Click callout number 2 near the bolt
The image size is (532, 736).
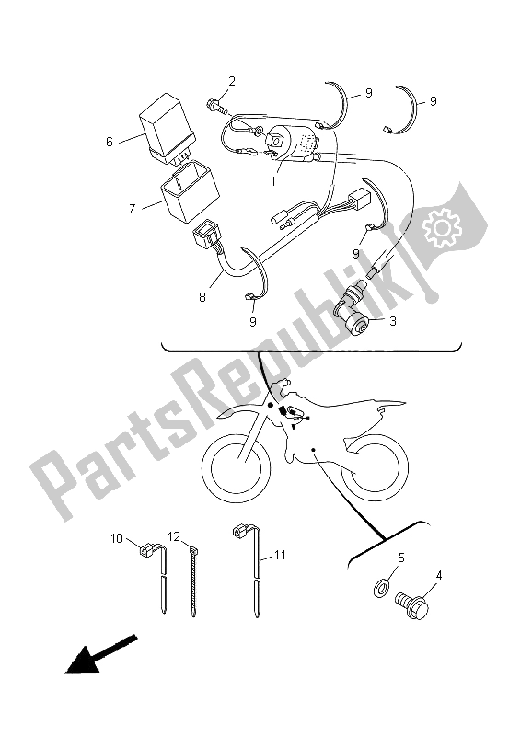tap(232, 82)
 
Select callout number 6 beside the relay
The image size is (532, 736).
tap(110, 142)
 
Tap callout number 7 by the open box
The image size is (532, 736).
tap(133, 209)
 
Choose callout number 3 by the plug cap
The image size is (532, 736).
tap(393, 321)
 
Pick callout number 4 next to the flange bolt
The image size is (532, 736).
tap(439, 577)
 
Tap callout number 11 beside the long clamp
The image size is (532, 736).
tap(281, 556)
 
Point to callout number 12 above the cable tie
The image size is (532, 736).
tap(174, 535)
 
